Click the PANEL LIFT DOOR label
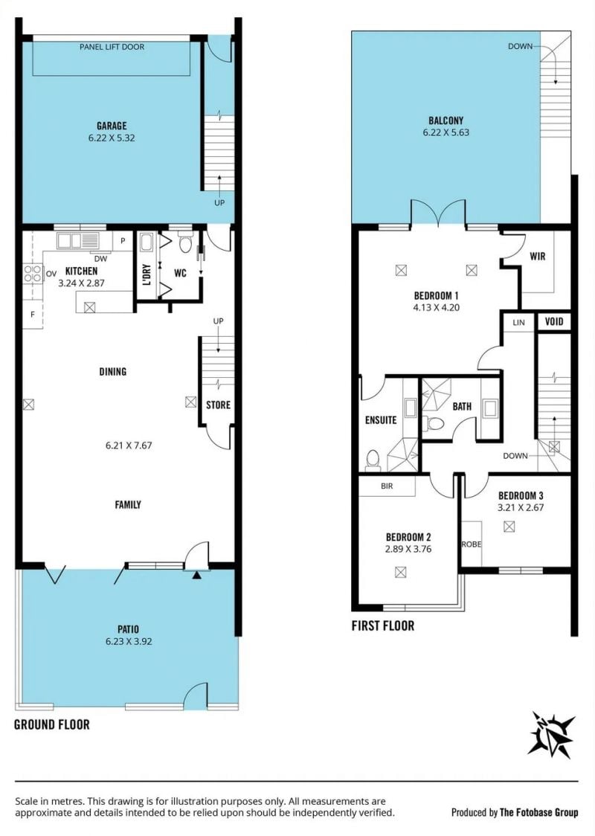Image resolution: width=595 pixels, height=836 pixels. click(112, 47)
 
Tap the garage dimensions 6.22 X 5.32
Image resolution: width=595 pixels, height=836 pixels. click(112, 138)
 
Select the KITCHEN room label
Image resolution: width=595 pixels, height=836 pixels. click(82, 271)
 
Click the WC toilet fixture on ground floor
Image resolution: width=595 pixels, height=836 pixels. click(185, 244)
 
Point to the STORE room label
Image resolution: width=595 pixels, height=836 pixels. click(218, 405)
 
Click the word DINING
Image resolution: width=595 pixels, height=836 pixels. click(113, 372)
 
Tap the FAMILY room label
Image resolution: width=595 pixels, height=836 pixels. click(128, 504)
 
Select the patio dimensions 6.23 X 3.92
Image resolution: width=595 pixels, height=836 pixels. click(129, 641)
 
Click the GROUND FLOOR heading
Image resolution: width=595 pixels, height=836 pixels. click(52, 724)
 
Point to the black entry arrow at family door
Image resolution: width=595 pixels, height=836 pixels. click(197, 575)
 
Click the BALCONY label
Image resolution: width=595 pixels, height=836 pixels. click(446, 121)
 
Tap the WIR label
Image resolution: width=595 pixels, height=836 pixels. click(538, 257)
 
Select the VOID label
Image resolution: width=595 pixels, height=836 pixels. click(555, 321)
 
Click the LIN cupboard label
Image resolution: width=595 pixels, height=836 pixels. click(518, 323)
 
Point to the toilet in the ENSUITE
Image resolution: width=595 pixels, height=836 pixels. click(373, 460)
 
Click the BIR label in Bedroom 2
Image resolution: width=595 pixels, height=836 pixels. click(387, 486)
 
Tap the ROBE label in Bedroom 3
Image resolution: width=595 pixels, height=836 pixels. click(472, 544)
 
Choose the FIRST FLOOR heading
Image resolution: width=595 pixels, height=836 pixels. click(383, 626)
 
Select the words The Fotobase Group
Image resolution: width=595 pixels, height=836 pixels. click(538, 812)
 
